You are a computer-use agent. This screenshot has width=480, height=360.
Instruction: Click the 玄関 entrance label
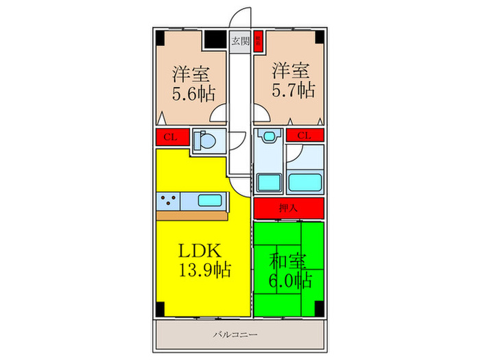coord(239,40)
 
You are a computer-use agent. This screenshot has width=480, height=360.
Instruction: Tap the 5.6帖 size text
coord(191,93)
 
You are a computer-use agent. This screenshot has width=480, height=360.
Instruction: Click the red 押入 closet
coord(287,207)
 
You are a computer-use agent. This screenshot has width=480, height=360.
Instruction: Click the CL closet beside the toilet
coord(171,136)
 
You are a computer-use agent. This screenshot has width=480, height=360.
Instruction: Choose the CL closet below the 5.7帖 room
coord(304,135)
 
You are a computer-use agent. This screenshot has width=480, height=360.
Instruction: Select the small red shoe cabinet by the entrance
coord(259,40)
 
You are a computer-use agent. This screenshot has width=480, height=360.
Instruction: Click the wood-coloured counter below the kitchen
coord(192,215)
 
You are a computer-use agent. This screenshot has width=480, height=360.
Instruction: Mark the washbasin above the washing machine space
coord(267,135)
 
